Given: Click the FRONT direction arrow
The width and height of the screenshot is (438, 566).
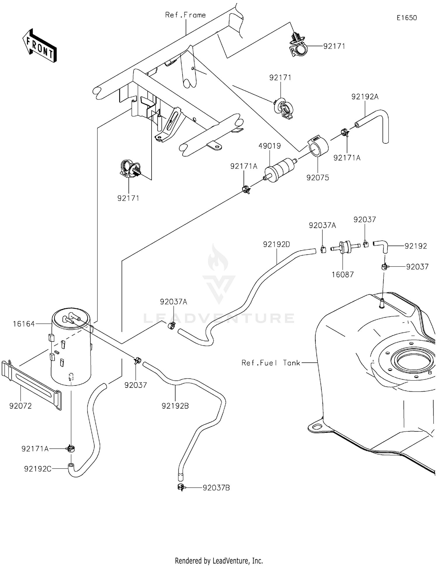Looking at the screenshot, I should pyautogui.click(x=40, y=46).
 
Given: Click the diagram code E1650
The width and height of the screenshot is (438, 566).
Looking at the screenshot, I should pyautogui.click(x=406, y=18).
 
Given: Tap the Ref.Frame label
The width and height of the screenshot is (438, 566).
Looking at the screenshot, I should pyautogui.click(x=185, y=15).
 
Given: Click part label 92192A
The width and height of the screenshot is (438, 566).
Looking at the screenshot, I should pyautogui.click(x=365, y=97).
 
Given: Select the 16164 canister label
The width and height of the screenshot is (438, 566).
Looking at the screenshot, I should pyautogui.click(x=24, y=324).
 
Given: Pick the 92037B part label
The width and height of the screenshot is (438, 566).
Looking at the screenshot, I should pyautogui.click(x=216, y=488).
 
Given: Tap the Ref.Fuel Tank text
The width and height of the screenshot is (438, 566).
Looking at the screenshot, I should pyautogui.click(x=271, y=363).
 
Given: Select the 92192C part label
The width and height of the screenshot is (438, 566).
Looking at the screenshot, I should pyautogui.click(x=38, y=469).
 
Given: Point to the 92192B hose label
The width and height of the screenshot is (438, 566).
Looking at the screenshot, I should pyautogui.click(x=175, y=406).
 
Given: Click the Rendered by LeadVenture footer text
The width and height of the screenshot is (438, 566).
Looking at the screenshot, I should pyautogui.click(x=219, y=560).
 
